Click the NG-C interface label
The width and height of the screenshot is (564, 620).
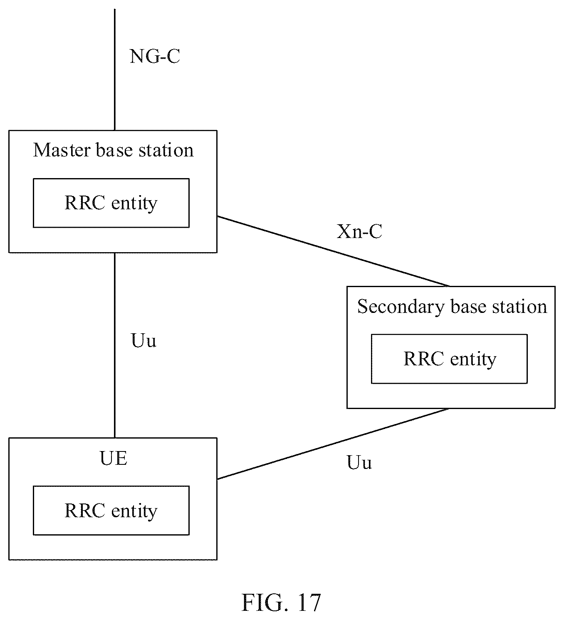(x=155, y=56)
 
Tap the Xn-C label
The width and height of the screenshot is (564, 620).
(x=359, y=231)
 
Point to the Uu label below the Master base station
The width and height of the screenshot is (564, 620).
(x=144, y=340)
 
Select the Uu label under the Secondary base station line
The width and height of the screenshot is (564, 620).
(x=359, y=462)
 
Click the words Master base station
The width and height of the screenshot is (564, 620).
(x=114, y=150)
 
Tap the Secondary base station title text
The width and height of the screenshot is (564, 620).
(x=452, y=307)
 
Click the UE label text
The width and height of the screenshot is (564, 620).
(x=114, y=459)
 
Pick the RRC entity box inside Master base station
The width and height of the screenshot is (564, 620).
(x=111, y=203)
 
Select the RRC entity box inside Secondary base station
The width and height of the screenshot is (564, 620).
(x=449, y=359)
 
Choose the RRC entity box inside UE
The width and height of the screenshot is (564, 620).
(x=111, y=511)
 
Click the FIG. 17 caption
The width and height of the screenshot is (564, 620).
(x=281, y=603)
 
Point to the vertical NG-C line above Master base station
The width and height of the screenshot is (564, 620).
(x=115, y=69)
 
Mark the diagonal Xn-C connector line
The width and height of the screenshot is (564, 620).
(x=333, y=251)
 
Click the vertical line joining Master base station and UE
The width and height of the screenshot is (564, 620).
(x=115, y=345)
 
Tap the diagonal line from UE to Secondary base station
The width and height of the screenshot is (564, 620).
(x=333, y=444)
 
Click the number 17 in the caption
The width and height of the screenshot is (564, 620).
(x=309, y=603)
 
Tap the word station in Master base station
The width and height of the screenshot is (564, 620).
(x=166, y=150)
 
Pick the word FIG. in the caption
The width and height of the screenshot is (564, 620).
(x=265, y=603)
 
